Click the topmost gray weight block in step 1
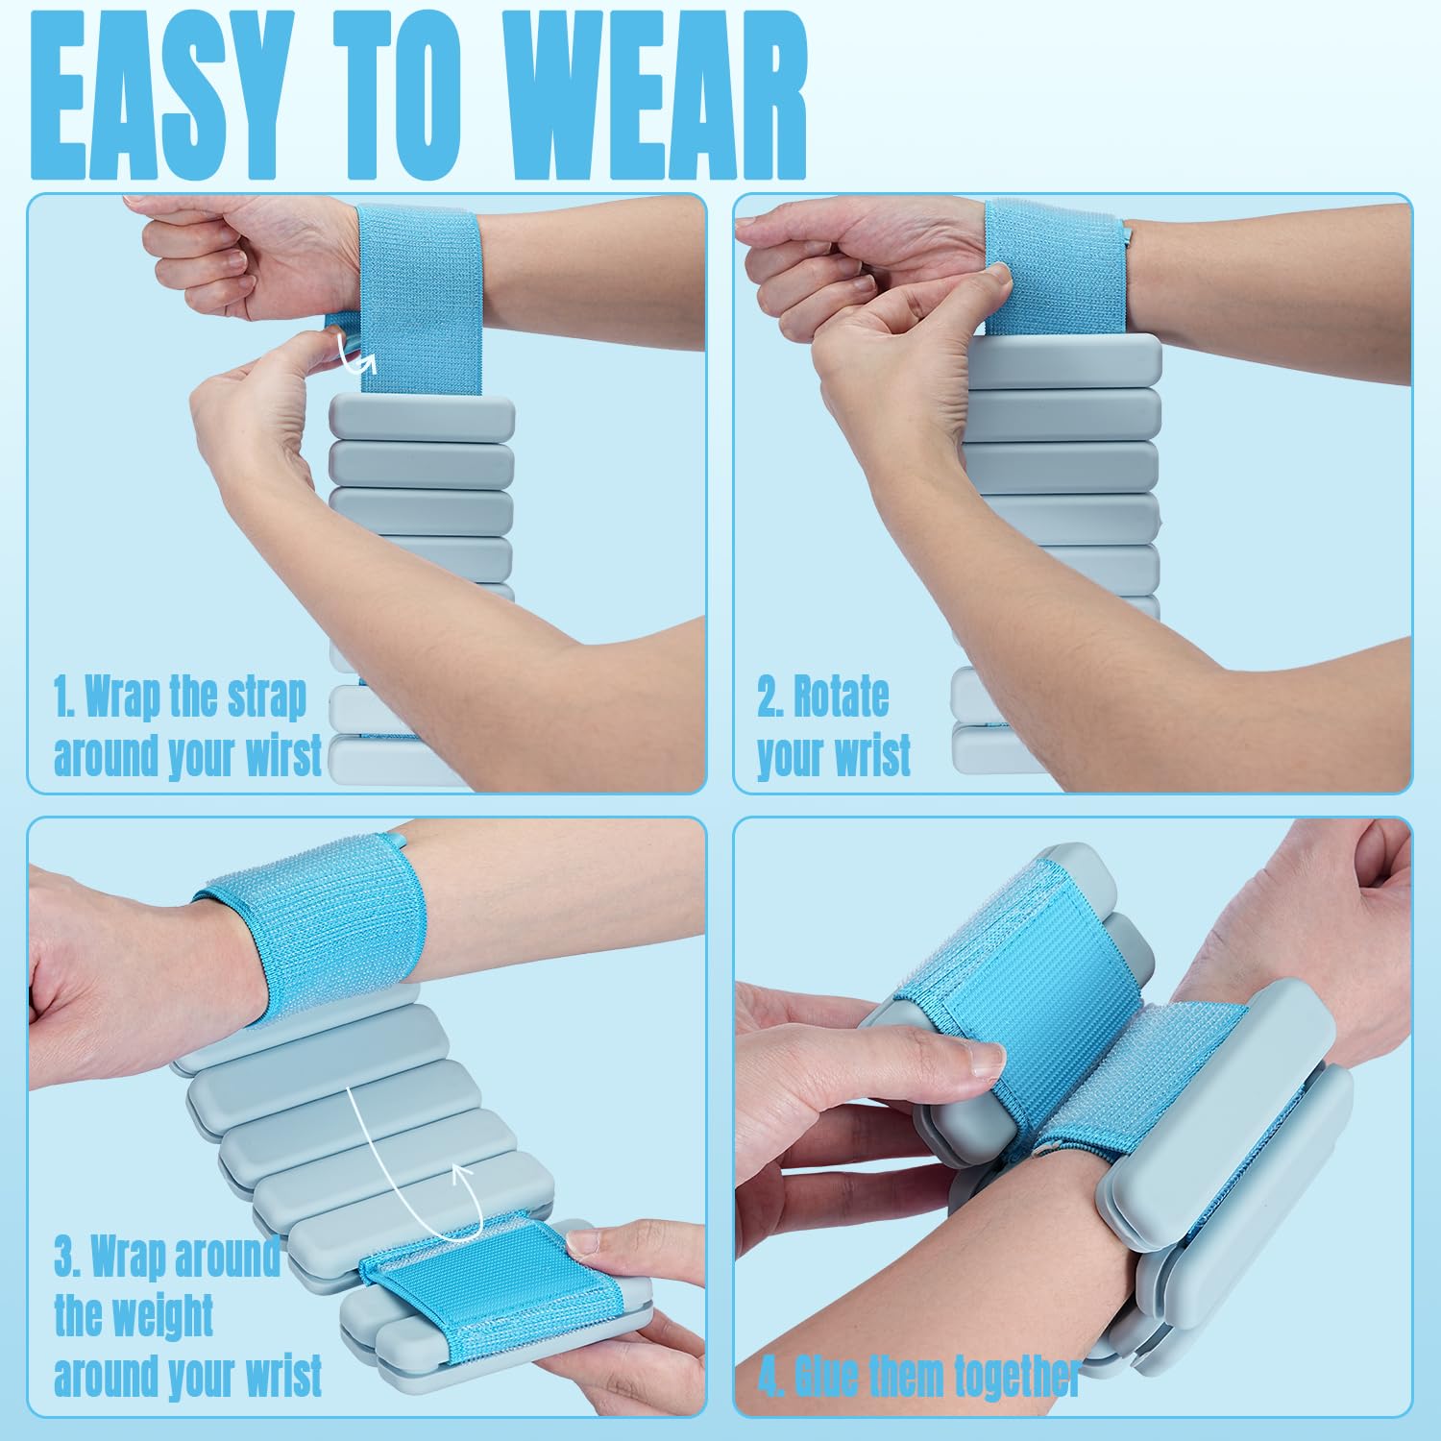coord(422,415)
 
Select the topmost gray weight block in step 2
coord(1062,360)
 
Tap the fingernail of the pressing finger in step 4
coord(989,1060)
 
